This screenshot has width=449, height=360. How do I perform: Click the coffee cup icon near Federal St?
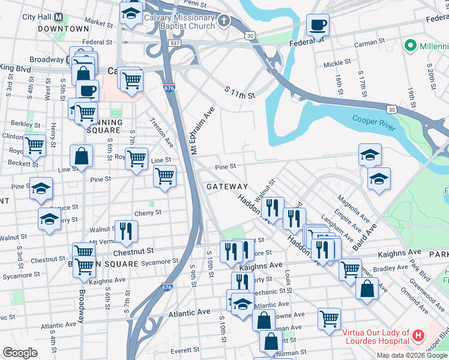tap(318, 25)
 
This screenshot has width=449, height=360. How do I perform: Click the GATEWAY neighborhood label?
tap(228, 187)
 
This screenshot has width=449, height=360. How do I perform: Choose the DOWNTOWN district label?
tap(63, 29)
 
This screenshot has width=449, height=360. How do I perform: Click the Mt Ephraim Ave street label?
tap(202, 130)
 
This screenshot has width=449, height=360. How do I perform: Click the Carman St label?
tap(369, 43)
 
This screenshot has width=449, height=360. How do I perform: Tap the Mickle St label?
tap(337, 63)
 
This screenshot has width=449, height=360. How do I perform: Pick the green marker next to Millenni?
tap(411, 45)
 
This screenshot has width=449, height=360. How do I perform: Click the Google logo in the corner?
tap(20, 353)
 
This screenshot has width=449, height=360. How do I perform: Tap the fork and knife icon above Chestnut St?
tap(126, 231)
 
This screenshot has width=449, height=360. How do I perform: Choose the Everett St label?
tap(184, 350)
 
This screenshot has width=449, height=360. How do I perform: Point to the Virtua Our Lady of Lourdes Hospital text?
tap(376, 337)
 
